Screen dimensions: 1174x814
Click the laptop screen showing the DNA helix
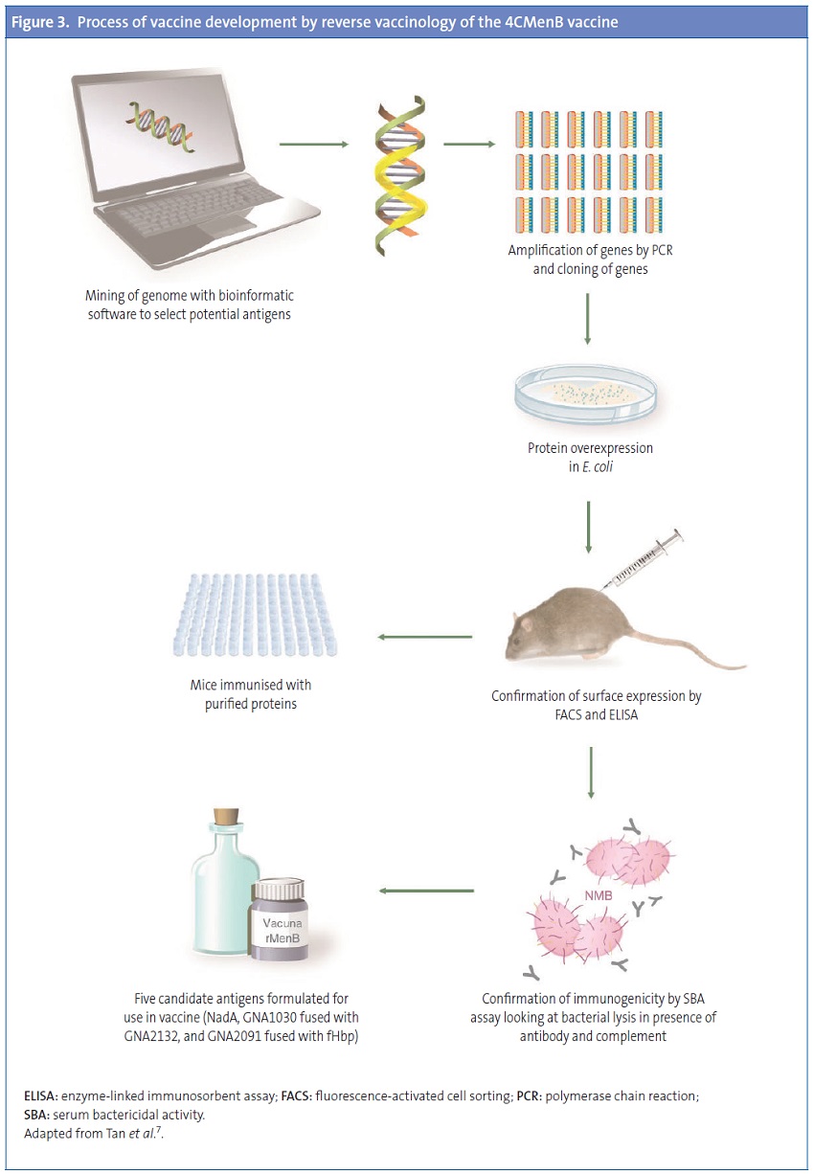pyautogui.click(x=163, y=134)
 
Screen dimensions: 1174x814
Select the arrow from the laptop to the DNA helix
pyautogui.click(x=312, y=146)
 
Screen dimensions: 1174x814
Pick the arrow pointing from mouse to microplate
pyautogui.click(x=425, y=637)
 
